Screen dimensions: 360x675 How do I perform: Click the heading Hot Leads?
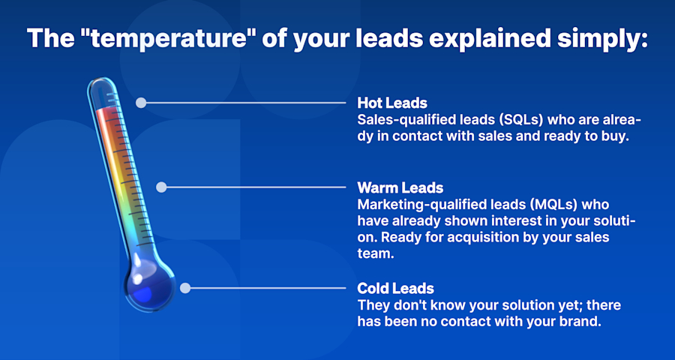tap(392, 103)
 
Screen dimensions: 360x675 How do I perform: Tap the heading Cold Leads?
tap(395, 289)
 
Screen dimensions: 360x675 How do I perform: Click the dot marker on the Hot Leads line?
tap(139, 103)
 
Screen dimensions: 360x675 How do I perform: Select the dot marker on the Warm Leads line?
tap(161, 187)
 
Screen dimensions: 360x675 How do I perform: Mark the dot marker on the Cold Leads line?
tap(184, 287)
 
